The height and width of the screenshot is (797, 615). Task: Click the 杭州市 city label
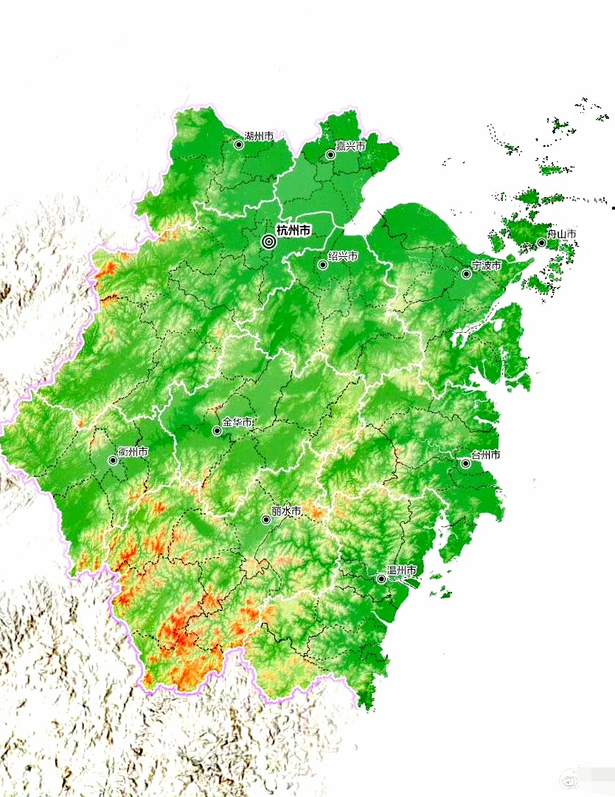293,231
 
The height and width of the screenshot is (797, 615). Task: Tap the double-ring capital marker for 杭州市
268,241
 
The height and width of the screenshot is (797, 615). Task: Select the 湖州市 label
259,137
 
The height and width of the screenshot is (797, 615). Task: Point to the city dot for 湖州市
239,145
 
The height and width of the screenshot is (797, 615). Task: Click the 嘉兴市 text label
350,146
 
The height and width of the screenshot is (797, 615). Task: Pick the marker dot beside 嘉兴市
331,155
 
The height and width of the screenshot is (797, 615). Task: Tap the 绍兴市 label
343,256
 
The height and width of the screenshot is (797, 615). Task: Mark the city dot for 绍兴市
323,265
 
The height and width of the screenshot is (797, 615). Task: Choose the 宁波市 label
487,264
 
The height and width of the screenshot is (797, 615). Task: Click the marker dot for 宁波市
466,274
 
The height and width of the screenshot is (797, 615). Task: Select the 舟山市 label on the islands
561,234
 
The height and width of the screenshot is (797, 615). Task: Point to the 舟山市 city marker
541,243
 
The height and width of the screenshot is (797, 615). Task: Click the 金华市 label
237,422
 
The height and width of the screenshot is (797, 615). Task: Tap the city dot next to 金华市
217,431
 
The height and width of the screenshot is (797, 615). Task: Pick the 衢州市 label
133,452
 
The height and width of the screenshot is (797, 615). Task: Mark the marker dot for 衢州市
113,460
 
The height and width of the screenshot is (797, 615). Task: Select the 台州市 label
486,455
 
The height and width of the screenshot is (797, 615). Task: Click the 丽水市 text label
286,511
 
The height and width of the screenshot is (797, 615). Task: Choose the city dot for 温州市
381,579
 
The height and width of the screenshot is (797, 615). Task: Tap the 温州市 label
402,570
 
